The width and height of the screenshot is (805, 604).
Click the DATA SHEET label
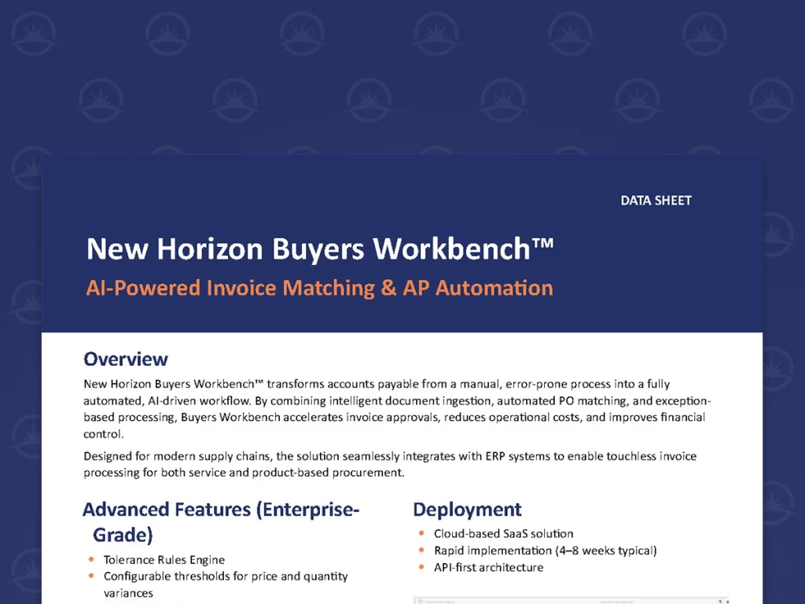656,201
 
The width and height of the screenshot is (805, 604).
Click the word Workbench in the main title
451,249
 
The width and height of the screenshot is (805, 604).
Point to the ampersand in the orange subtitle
388,288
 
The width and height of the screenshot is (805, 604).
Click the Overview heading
126,359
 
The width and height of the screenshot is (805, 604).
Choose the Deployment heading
467,510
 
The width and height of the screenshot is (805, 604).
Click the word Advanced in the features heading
125,510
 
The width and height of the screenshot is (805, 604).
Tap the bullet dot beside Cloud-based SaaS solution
421,533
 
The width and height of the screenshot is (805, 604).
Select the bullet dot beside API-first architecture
421,567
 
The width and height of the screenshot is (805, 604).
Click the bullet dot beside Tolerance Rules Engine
91,559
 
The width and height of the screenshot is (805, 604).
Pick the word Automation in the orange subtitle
494,288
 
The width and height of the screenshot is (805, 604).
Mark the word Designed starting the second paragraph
108,456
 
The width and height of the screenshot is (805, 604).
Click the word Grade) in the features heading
123,535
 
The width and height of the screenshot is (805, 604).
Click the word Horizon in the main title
209,249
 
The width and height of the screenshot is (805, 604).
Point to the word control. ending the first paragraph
103,434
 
